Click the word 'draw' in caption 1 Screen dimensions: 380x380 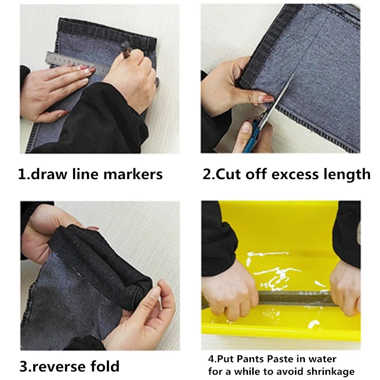coord(49,174)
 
